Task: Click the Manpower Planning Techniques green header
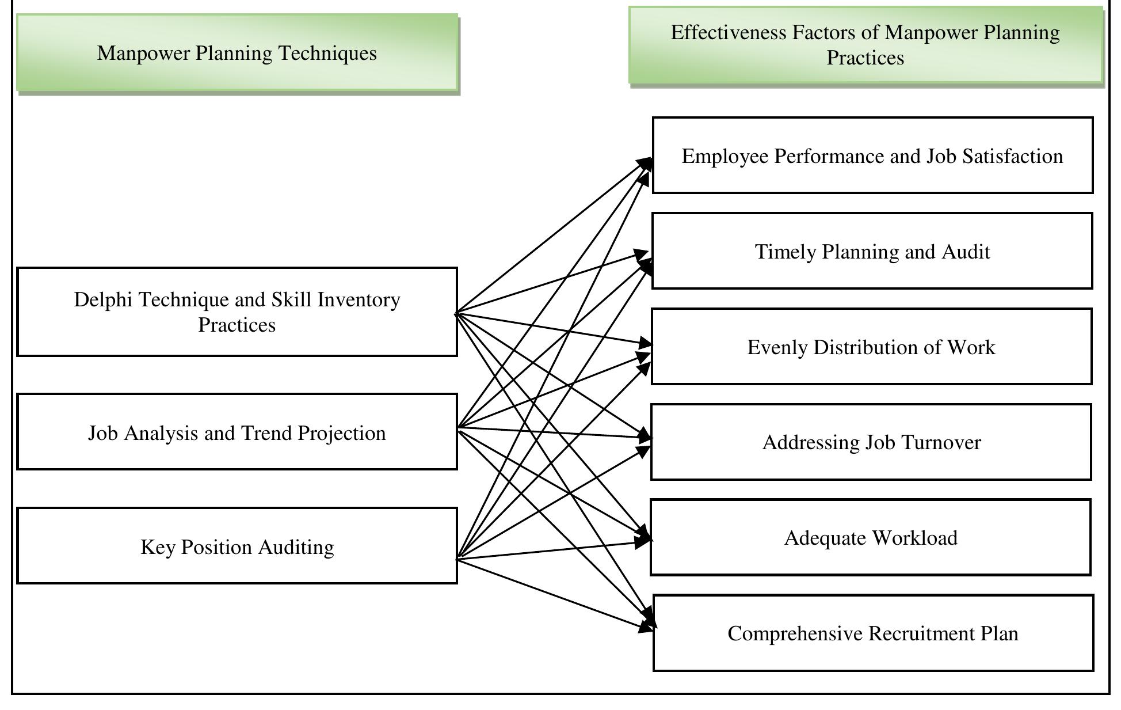237,53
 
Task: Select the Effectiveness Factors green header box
865,45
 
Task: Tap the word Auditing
296,547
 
